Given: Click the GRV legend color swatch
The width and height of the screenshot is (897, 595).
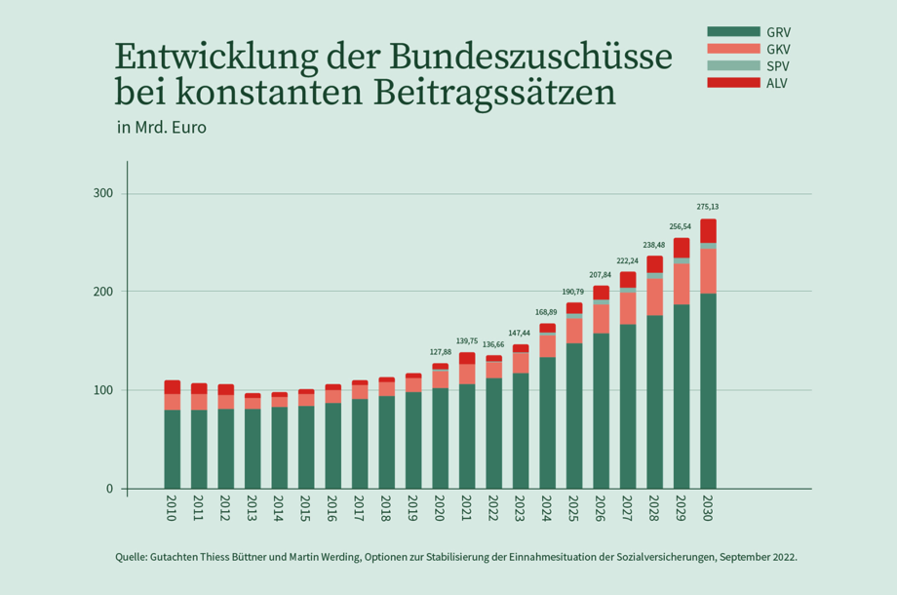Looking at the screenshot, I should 733,32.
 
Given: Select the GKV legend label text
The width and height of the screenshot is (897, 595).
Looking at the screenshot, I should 778,49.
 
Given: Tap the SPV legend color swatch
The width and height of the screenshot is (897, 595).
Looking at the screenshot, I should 733,65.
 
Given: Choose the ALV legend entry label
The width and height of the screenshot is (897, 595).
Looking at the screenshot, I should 777,83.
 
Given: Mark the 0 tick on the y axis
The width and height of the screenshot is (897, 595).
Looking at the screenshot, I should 110,489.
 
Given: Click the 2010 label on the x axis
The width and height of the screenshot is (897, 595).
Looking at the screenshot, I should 172,509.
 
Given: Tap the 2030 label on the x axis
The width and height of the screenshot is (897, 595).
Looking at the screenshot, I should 708,509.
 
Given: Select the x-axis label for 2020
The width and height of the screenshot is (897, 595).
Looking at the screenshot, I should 440,509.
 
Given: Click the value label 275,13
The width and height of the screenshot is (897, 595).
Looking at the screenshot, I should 708,207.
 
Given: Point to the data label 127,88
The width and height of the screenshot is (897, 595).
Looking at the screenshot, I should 440,352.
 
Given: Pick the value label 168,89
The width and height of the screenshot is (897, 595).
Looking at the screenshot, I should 547,312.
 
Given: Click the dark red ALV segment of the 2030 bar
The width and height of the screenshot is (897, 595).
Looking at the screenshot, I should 708,230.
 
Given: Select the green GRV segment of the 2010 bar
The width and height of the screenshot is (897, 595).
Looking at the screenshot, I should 172,449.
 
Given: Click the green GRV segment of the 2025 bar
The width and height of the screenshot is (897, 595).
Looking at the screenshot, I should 574,416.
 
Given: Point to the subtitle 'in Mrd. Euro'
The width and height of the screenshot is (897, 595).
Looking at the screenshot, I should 161,127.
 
